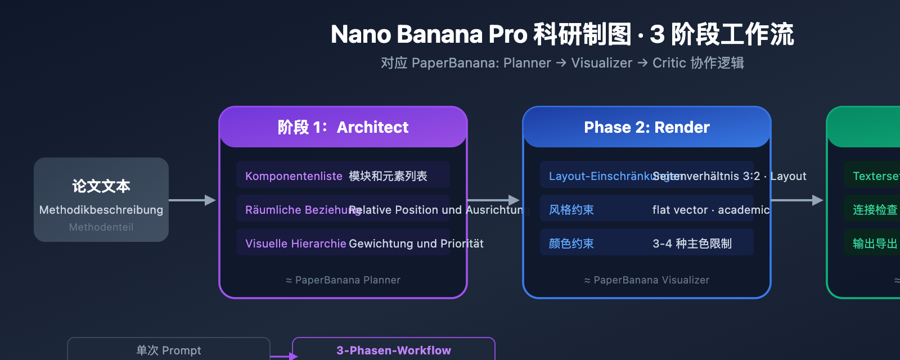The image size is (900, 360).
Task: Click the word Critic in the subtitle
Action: coord(669,63)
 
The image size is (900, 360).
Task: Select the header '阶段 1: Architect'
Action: coord(343,127)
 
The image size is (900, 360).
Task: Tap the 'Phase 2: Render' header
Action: coord(647,127)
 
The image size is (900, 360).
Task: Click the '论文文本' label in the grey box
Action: coord(101,186)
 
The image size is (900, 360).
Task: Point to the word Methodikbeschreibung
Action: coord(101,210)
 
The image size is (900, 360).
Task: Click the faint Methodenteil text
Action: coord(101,227)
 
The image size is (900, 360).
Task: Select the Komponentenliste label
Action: coord(294,176)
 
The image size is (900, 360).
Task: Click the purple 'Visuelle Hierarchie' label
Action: coord(295,244)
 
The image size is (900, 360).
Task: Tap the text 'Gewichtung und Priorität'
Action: coord(416,244)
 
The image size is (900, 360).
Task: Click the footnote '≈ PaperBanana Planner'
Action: coord(343,280)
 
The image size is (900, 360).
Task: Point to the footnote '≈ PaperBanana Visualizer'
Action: coord(647,280)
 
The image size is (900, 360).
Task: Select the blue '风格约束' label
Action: coord(571,210)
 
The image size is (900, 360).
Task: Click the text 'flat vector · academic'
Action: coord(710,210)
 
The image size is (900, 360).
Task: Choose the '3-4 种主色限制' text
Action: coord(692,244)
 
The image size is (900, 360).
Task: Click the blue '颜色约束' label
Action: coord(571,244)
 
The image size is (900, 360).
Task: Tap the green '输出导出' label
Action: coord(875,244)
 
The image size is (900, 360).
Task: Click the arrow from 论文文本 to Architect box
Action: coord(192,200)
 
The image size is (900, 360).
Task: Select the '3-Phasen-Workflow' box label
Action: coord(394,350)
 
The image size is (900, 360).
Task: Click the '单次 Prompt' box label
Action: coord(169,350)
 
